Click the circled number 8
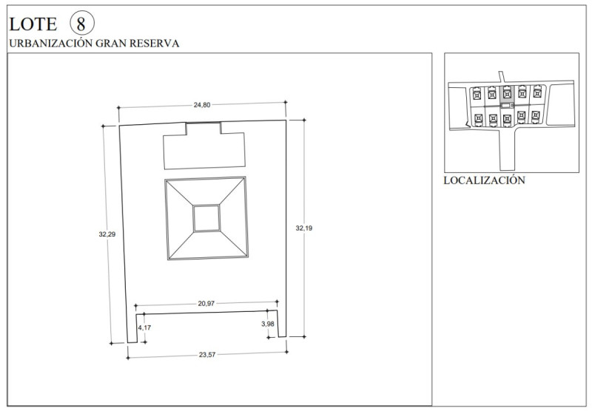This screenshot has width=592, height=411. (x=82, y=24)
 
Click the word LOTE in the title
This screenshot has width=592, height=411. (x=33, y=24)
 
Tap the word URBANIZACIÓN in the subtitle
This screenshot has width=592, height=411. (x=50, y=43)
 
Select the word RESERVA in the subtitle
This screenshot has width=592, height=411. (x=154, y=44)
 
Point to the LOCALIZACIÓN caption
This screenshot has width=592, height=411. (x=484, y=180)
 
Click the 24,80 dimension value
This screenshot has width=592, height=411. (x=202, y=105)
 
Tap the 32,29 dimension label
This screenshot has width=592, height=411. (x=107, y=234)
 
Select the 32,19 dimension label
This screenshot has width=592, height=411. (x=304, y=228)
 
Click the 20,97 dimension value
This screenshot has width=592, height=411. (x=206, y=303)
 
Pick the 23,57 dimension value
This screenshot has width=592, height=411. (x=207, y=354)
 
